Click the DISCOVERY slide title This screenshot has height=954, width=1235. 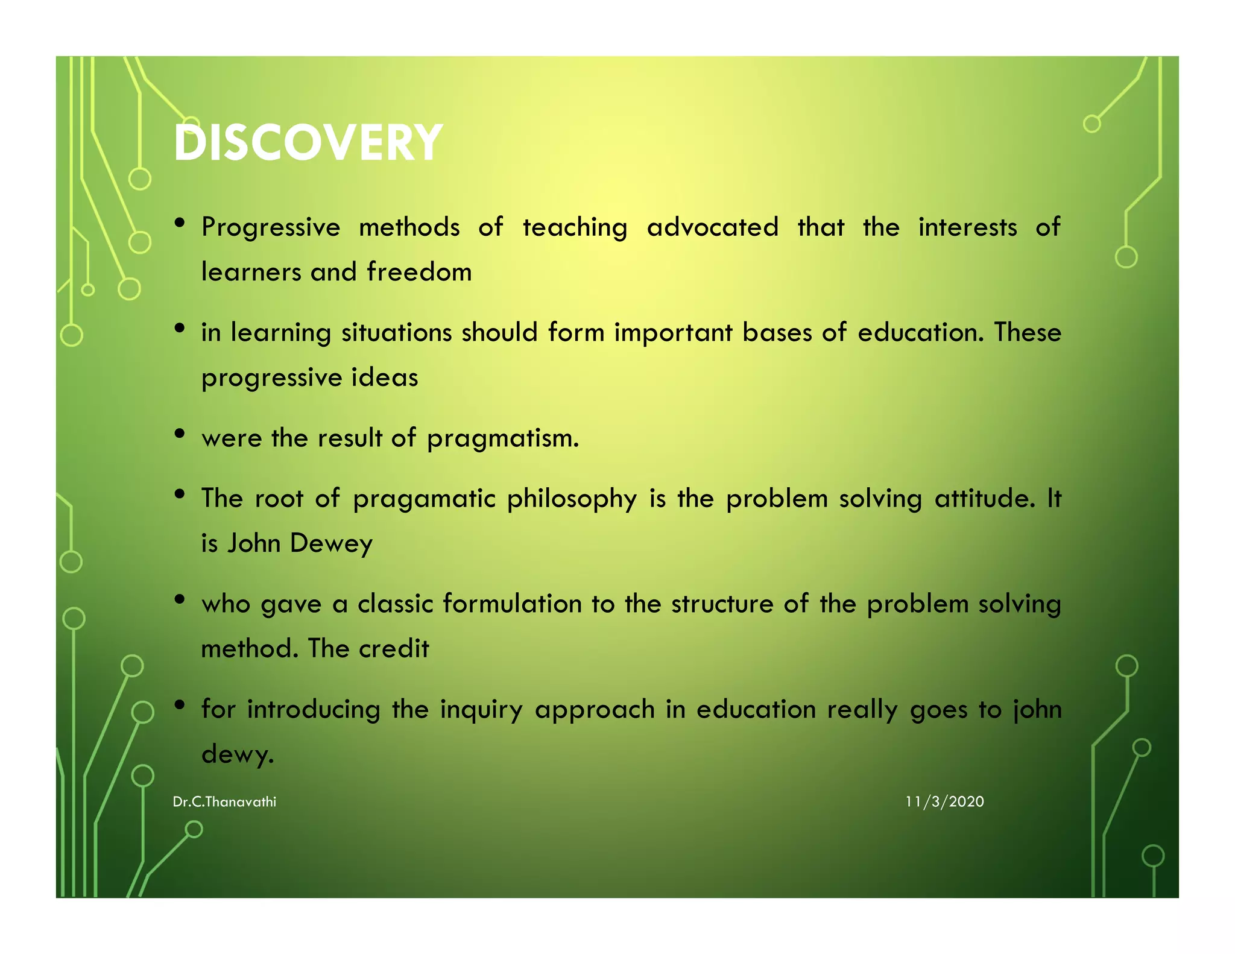coord(308,143)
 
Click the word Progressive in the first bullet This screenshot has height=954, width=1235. coord(271,228)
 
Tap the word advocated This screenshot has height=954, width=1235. coord(712,228)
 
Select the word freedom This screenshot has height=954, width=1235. coord(419,272)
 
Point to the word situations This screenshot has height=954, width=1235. coord(396,333)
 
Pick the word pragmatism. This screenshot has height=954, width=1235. coord(503,439)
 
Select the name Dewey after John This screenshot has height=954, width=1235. coord(331,544)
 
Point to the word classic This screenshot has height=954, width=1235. coord(395,604)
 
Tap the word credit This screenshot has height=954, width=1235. coord(394,649)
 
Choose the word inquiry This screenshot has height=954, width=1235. coord(481,710)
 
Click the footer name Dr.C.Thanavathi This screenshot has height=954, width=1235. coord(224,802)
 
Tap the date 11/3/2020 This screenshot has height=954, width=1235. coord(944,802)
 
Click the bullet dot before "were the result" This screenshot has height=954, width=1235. coord(179,434)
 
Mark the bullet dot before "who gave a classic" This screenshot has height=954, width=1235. coord(179,599)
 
